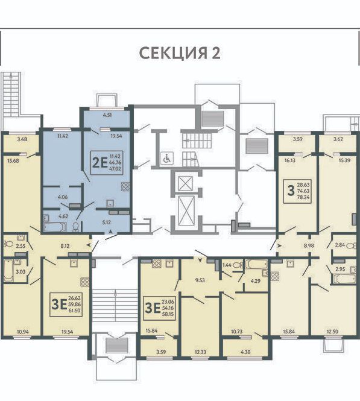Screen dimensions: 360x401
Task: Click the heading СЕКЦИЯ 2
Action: (x=180, y=53)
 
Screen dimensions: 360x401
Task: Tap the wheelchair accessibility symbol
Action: (x=167, y=158)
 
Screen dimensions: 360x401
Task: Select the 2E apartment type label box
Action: (x=107, y=163)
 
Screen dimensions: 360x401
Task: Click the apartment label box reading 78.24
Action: (x=297, y=191)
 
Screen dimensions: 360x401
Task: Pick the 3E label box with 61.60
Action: (x=66, y=305)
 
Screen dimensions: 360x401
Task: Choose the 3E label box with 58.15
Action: (x=160, y=308)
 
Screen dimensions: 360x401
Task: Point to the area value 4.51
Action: (x=107, y=115)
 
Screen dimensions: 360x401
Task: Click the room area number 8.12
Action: (x=65, y=246)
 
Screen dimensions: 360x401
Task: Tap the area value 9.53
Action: (x=200, y=280)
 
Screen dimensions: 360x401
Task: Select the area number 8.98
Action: (x=309, y=245)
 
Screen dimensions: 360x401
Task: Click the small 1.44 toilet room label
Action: (x=227, y=265)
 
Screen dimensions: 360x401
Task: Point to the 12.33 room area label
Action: (x=200, y=352)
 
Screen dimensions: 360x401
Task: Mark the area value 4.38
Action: (x=245, y=352)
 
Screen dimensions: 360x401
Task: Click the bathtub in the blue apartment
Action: (x=55, y=227)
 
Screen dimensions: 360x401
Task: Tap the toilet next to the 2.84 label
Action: (x=353, y=246)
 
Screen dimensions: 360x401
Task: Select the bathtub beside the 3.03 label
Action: (x=8, y=271)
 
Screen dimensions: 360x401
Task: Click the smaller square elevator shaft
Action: (x=185, y=183)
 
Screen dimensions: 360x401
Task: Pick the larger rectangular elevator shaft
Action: (x=187, y=210)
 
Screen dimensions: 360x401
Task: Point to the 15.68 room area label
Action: (x=13, y=161)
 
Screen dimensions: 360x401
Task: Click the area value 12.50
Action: (x=332, y=332)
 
